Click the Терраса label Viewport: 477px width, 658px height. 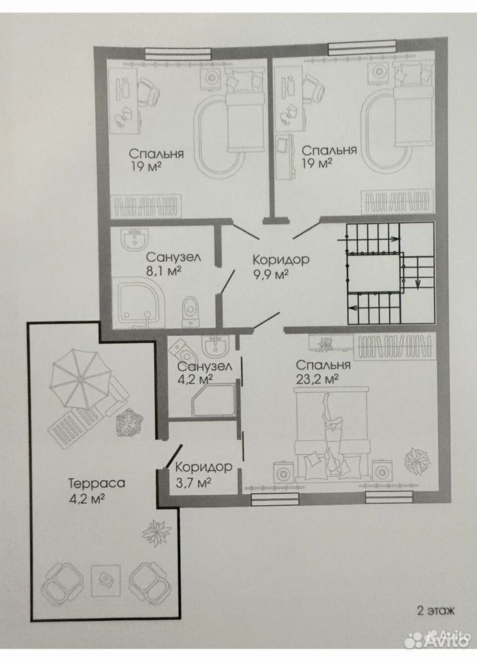click(x=97, y=483)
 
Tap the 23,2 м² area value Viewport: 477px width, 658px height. click(x=317, y=379)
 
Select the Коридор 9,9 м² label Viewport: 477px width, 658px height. click(x=281, y=267)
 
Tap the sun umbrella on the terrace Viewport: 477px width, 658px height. click(x=79, y=378)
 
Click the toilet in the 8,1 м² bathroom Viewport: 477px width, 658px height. click(x=191, y=311)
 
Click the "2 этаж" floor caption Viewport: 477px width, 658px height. click(x=435, y=610)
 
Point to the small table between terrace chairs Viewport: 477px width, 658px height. click(x=106, y=580)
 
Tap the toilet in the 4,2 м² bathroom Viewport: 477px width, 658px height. click(x=181, y=346)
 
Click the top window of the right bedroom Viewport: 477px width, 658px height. click(x=362, y=48)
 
